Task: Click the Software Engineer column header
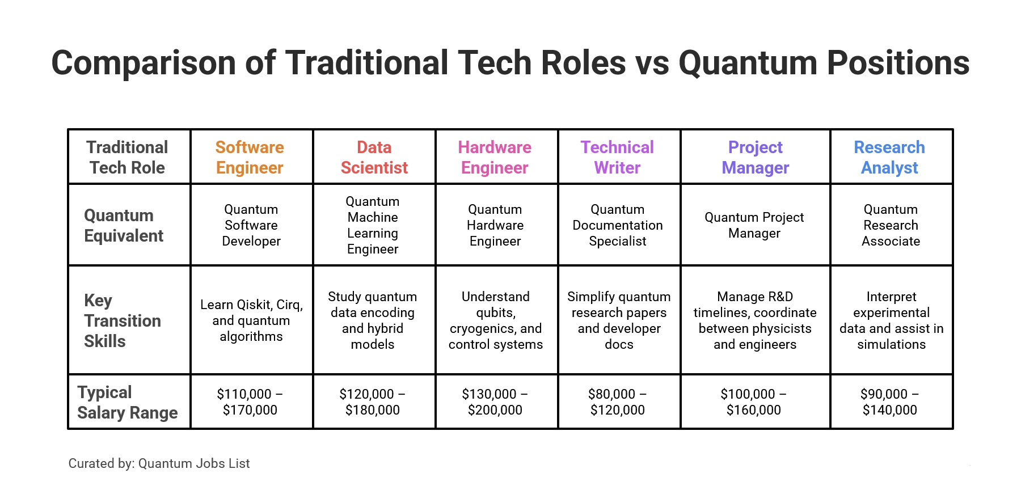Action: click(250, 157)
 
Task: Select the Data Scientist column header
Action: click(374, 157)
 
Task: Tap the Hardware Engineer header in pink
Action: click(495, 157)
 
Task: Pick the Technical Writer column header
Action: click(617, 157)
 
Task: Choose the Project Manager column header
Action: click(755, 157)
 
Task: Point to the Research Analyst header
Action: click(889, 157)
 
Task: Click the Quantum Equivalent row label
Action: click(124, 225)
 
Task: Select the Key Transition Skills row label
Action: click(122, 320)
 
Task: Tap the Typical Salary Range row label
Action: click(127, 402)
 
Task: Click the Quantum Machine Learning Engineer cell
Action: click(373, 225)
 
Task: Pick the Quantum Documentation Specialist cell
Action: click(618, 225)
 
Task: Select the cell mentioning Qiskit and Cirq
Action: click(251, 320)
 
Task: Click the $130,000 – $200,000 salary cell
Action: click(495, 402)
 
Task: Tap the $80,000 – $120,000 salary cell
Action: click(617, 402)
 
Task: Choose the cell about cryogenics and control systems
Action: click(495, 320)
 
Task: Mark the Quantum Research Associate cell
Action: click(891, 225)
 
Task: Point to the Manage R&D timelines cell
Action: click(754, 320)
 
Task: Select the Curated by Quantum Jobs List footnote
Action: click(159, 463)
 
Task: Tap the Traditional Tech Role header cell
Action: click(127, 157)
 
